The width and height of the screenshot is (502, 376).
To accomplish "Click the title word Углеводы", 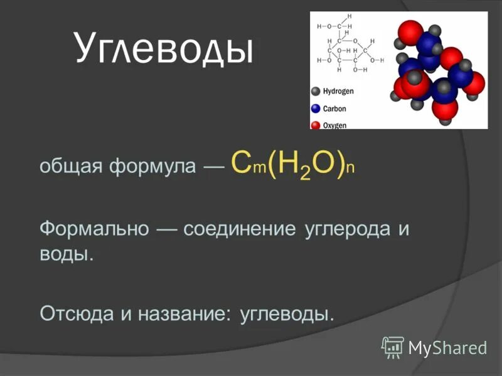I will pyautogui.click(x=164, y=50).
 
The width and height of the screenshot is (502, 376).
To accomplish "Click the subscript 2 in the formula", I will pyautogui.click(x=305, y=174).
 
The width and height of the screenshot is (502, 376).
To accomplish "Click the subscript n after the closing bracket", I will pyautogui.click(x=351, y=170).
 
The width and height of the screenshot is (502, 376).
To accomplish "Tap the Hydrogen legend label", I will pyautogui.click(x=338, y=91).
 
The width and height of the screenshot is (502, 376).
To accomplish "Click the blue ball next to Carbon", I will pyautogui.click(x=316, y=108).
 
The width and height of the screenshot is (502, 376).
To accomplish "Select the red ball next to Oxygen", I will pyautogui.click(x=316, y=125).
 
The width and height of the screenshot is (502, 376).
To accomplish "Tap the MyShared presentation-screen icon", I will pyautogui.click(x=393, y=347).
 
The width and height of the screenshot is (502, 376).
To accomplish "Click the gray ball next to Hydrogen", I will pyautogui.click(x=316, y=91).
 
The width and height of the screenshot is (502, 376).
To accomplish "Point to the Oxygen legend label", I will pyautogui.click(x=334, y=125).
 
